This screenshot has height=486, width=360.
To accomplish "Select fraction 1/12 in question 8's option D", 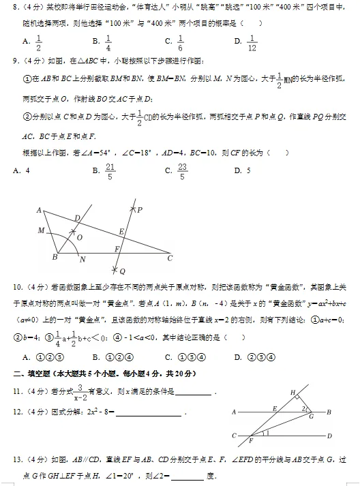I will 252,43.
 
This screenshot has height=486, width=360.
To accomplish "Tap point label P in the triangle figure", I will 139,211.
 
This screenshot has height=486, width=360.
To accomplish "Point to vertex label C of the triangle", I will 170,258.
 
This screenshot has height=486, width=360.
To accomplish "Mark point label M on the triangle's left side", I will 41,230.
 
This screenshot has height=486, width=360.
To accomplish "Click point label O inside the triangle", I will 79,237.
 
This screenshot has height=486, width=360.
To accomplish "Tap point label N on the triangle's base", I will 82,260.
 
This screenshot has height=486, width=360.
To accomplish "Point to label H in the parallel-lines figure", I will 292,393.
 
